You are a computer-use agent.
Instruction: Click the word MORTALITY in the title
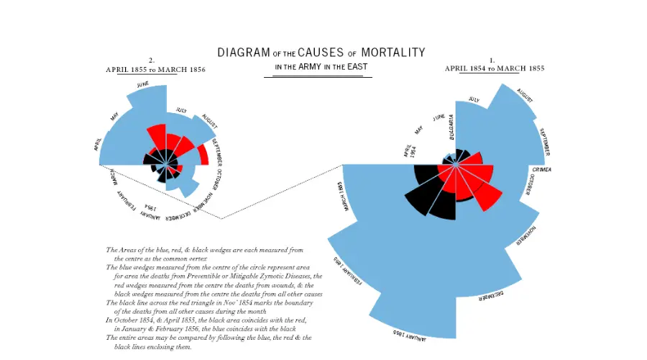pos(393,53)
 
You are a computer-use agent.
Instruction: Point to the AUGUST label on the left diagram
pos(209,119)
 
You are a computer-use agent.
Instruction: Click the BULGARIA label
pos(451,125)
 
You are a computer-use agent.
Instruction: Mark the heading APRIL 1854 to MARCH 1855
pos(494,68)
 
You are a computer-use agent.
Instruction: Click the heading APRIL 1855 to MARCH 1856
pos(155,70)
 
